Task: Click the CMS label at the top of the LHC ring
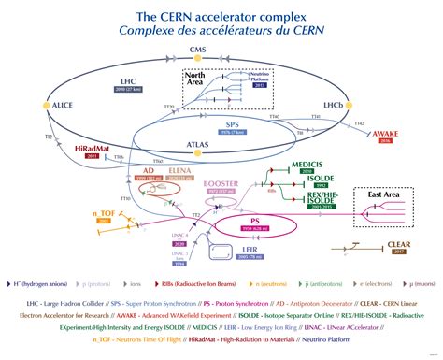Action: click(x=197, y=49)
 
